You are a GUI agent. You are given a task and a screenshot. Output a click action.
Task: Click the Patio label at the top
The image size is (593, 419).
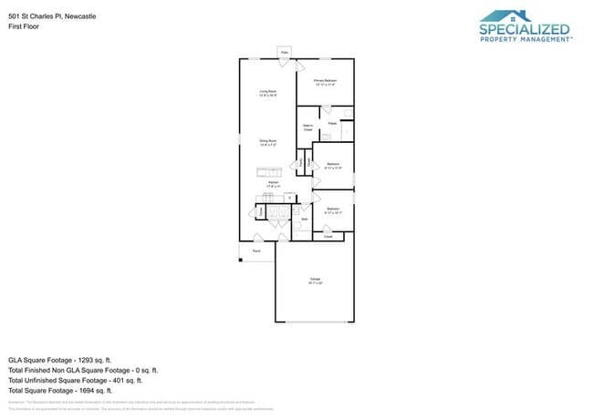click(284, 54)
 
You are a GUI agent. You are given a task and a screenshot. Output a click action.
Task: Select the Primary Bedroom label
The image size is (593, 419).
click(326, 83)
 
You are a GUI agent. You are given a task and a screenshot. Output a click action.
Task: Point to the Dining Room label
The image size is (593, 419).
click(267, 143)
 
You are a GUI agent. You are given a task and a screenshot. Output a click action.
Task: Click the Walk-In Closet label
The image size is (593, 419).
click(307, 128)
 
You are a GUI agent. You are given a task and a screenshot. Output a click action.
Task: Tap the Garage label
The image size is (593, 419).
click(314, 280)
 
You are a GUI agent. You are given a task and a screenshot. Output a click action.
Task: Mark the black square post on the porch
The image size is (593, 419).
click(241, 261)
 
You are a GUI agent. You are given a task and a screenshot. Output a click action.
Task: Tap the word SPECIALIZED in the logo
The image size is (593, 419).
click(525, 30)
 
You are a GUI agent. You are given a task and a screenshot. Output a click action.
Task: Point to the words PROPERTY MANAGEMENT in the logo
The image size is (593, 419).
click(525, 40)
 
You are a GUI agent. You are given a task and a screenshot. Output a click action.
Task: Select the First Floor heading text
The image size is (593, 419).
click(25, 26)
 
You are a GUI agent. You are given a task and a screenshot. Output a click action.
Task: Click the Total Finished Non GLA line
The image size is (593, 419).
click(83, 371)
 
